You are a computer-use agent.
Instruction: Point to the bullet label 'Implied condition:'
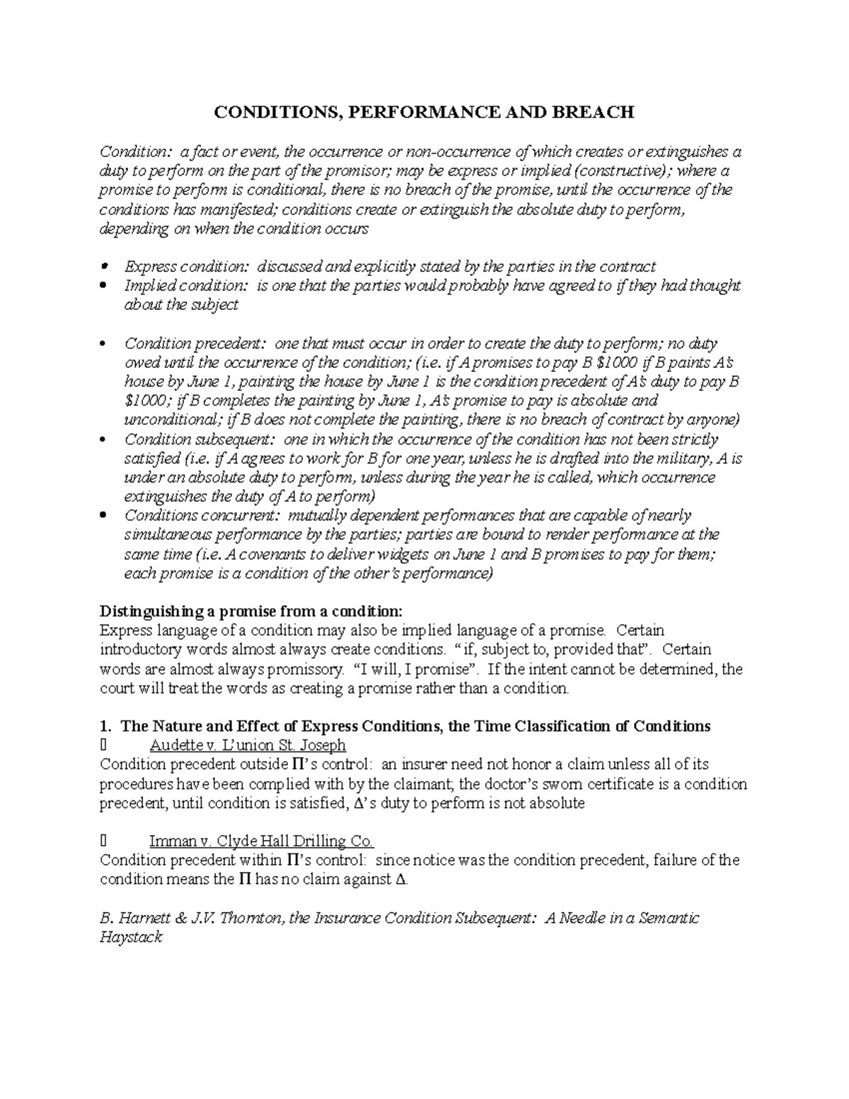187,286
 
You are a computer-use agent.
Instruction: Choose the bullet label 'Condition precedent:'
196,344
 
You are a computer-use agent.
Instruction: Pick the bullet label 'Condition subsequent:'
200,439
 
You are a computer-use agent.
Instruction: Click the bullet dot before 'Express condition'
103,267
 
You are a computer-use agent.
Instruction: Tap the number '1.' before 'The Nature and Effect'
106,726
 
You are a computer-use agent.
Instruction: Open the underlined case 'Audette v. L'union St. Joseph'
248,745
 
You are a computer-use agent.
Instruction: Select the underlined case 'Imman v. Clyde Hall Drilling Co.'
261,841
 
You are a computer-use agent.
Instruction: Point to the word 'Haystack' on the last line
132,937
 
